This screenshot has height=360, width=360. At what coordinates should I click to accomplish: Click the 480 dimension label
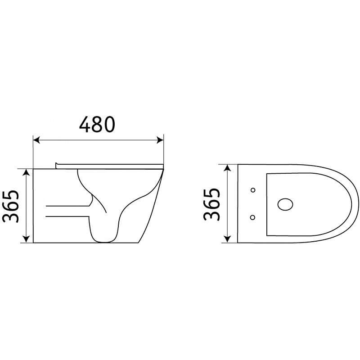pyautogui.click(x=97, y=125)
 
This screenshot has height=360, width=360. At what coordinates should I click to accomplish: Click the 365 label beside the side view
pyautogui.click(x=10, y=207)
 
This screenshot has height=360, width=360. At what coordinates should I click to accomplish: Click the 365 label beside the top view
pyautogui.click(x=211, y=205)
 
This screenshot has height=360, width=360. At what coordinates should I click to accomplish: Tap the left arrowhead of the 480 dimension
pyautogui.click(x=37, y=139)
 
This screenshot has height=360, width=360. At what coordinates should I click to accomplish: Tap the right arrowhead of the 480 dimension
pyautogui.click(x=160, y=139)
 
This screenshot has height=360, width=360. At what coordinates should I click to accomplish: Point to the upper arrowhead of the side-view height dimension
pyautogui.click(x=27, y=172)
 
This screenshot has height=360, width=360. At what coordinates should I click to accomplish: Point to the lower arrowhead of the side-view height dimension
pyautogui.click(x=27, y=239)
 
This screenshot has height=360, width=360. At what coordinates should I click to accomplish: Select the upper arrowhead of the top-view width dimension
pyautogui.click(x=227, y=168)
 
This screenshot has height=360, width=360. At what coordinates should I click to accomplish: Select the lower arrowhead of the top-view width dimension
pyautogui.click(x=227, y=239)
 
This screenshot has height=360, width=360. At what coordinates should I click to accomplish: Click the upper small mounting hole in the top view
pyautogui.click(x=253, y=190)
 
